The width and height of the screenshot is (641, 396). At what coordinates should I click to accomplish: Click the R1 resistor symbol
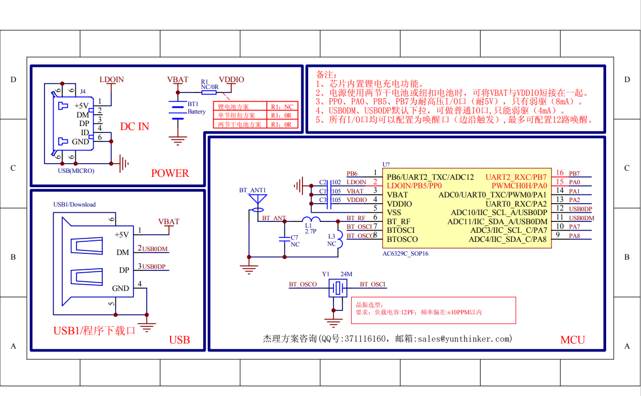(209, 91)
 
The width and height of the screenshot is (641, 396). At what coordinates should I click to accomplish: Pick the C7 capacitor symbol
(284, 239)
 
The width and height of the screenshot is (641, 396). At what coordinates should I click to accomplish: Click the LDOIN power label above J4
(111, 80)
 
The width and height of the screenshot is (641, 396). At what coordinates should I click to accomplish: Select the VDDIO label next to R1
(231, 80)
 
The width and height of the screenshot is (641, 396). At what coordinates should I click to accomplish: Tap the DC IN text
(134, 126)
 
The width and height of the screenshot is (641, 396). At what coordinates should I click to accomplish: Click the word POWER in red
(170, 173)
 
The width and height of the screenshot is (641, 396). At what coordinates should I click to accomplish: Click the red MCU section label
(572, 340)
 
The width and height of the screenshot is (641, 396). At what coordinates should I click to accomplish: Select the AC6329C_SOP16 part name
(405, 253)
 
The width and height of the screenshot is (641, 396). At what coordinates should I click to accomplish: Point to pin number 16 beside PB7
(560, 173)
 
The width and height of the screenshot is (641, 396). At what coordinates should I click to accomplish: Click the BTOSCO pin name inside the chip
(402, 239)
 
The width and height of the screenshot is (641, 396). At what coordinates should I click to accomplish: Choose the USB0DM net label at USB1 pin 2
(155, 249)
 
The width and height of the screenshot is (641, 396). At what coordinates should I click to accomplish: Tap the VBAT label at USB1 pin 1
(168, 221)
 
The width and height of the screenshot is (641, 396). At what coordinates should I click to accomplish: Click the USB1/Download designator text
(74, 204)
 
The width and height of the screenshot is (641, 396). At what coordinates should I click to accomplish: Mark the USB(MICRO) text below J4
(76, 171)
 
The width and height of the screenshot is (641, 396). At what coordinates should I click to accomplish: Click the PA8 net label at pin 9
(574, 236)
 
